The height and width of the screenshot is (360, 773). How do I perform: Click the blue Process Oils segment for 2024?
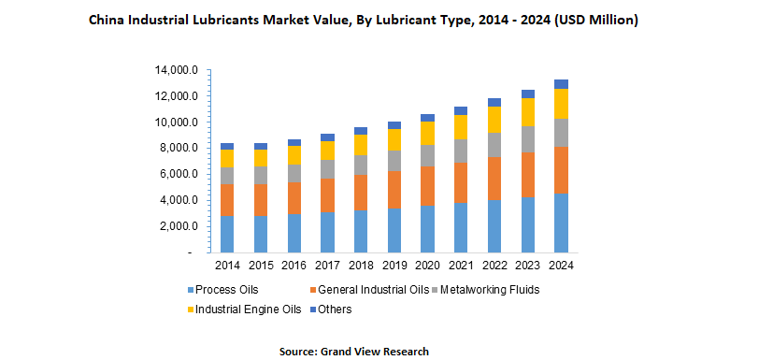(x=561, y=223)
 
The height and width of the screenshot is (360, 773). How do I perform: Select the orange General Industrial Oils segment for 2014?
(x=227, y=200)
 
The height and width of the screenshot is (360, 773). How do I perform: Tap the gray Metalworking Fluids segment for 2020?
(x=427, y=155)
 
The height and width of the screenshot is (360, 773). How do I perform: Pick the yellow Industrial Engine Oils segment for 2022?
(x=494, y=119)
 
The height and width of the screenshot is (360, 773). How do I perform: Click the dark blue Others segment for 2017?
(x=327, y=137)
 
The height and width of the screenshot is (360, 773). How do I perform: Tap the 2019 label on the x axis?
(x=394, y=266)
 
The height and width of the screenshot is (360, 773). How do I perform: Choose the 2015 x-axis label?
(x=260, y=266)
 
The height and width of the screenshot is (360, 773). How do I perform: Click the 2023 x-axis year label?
(x=527, y=266)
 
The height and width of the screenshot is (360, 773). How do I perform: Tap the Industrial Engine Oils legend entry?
(x=246, y=309)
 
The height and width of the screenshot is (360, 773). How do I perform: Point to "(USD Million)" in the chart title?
(x=596, y=20)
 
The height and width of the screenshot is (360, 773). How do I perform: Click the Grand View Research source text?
(x=374, y=351)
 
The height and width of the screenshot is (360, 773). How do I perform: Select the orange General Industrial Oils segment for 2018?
(x=361, y=193)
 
